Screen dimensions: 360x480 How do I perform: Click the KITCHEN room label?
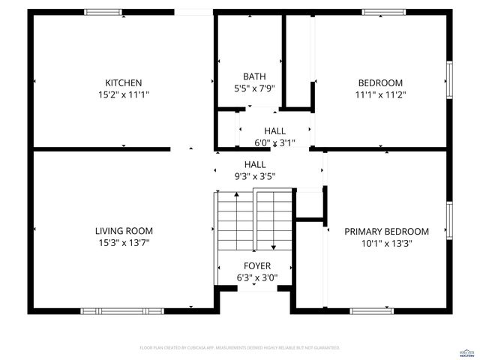tap(124, 82)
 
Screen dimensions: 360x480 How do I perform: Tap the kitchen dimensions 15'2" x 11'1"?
tap(124, 94)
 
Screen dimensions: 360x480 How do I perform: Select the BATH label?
tap(254, 76)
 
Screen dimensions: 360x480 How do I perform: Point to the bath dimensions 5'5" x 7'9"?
tap(254, 88)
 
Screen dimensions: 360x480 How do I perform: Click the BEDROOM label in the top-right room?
tap(380, 82)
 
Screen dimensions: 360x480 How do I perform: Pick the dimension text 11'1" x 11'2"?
tap(380, 94)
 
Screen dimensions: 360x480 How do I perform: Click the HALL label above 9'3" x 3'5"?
tap(255, 164)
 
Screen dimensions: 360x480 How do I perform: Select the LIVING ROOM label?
tap(124, 231)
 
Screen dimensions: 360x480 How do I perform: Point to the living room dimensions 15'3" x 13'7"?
tap(124, 242)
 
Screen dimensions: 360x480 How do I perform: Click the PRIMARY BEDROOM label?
tap(386, 232)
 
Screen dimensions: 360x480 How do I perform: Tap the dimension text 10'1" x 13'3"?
tap(386, 243)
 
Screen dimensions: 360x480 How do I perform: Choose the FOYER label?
tap(257, 266)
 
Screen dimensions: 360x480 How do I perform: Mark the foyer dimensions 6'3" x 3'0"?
tap(257, 277)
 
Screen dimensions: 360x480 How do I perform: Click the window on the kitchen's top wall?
tap(103, 12)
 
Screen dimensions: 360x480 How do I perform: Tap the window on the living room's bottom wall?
tap(112, 310)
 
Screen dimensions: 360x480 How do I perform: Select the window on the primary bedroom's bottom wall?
tap(371, 310)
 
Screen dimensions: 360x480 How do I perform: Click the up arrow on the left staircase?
tap(237, 196)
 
